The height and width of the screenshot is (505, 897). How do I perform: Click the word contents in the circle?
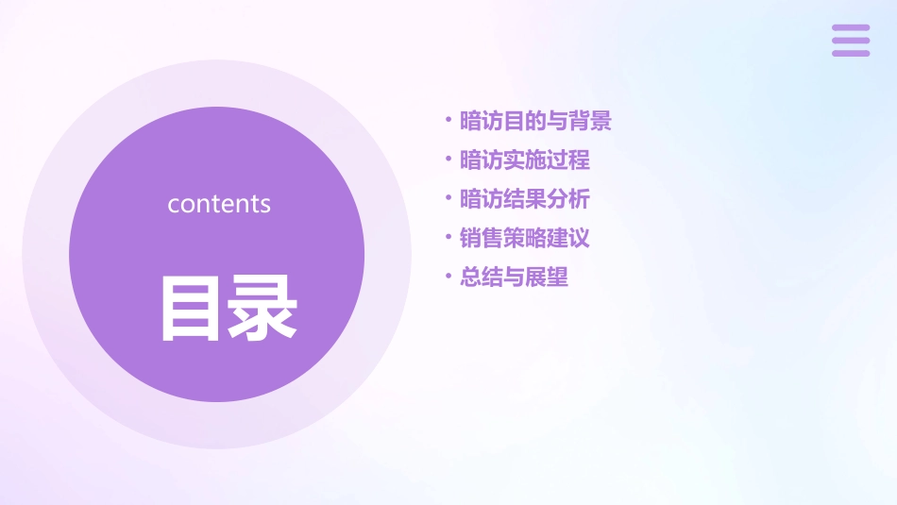click(x=219, y=204)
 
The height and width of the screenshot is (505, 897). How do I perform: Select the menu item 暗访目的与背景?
click(x=535, y=121)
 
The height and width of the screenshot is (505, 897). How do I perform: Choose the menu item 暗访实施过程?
click(x=525, y=160)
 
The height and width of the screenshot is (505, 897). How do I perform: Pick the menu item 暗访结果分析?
click(x=525, y=199)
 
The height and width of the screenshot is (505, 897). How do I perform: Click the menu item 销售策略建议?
click(x=525, y=238)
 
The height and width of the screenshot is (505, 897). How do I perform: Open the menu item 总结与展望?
click(x=514, y=278)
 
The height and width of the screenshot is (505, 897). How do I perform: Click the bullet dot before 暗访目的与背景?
click(x=448, y=121)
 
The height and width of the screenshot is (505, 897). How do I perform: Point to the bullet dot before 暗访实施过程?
click(x=448, y=160)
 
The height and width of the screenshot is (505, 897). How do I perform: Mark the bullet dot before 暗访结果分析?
click(x=448, y=199)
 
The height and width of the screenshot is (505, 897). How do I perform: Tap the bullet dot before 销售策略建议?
click(x=448, y=238)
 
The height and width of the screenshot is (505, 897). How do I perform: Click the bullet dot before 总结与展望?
click(x=448, y=278)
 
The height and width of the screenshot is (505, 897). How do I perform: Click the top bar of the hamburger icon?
click(x=851, y=27)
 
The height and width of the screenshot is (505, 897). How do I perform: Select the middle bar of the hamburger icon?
click(x=851, y=41)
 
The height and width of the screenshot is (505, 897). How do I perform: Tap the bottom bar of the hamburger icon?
click(x=851, y=53)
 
